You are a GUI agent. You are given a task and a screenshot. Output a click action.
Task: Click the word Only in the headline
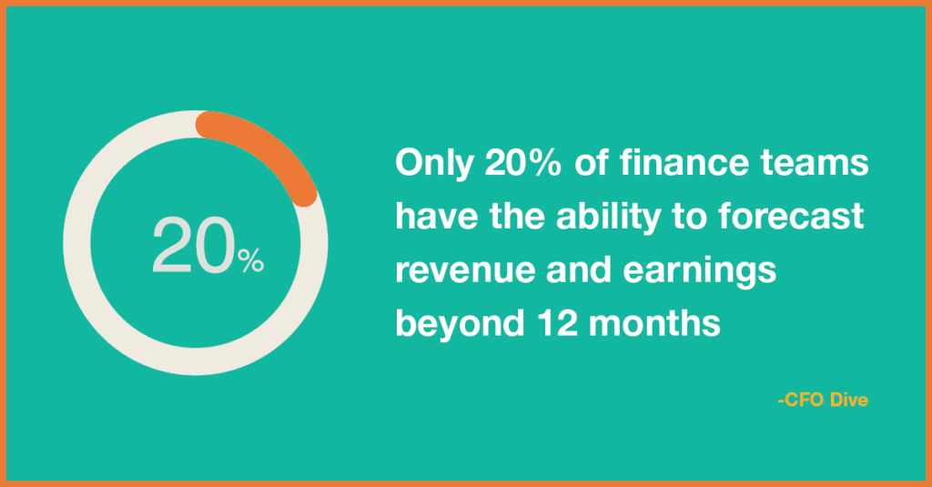click(x=433, y=164)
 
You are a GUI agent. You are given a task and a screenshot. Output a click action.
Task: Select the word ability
click(x=608, y=217)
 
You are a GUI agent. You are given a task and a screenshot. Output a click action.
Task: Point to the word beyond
click(x=460, y=325)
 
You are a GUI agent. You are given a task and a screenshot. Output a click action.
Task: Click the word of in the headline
click(x=590, y=162)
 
